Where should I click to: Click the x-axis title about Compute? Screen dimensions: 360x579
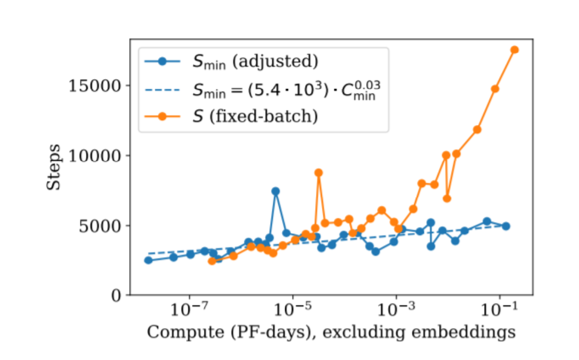pos(331,333)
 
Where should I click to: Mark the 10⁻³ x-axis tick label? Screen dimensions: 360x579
pos(396,312)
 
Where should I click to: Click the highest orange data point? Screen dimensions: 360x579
pos(514,50)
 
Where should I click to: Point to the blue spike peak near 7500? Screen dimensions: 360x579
pos(275,191)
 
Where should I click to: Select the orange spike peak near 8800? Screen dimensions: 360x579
pos(319,172)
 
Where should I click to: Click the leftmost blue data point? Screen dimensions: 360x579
pos(148,260)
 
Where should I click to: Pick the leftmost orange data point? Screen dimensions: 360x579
pos(212,261)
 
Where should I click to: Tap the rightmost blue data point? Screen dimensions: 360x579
pos(506,226)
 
